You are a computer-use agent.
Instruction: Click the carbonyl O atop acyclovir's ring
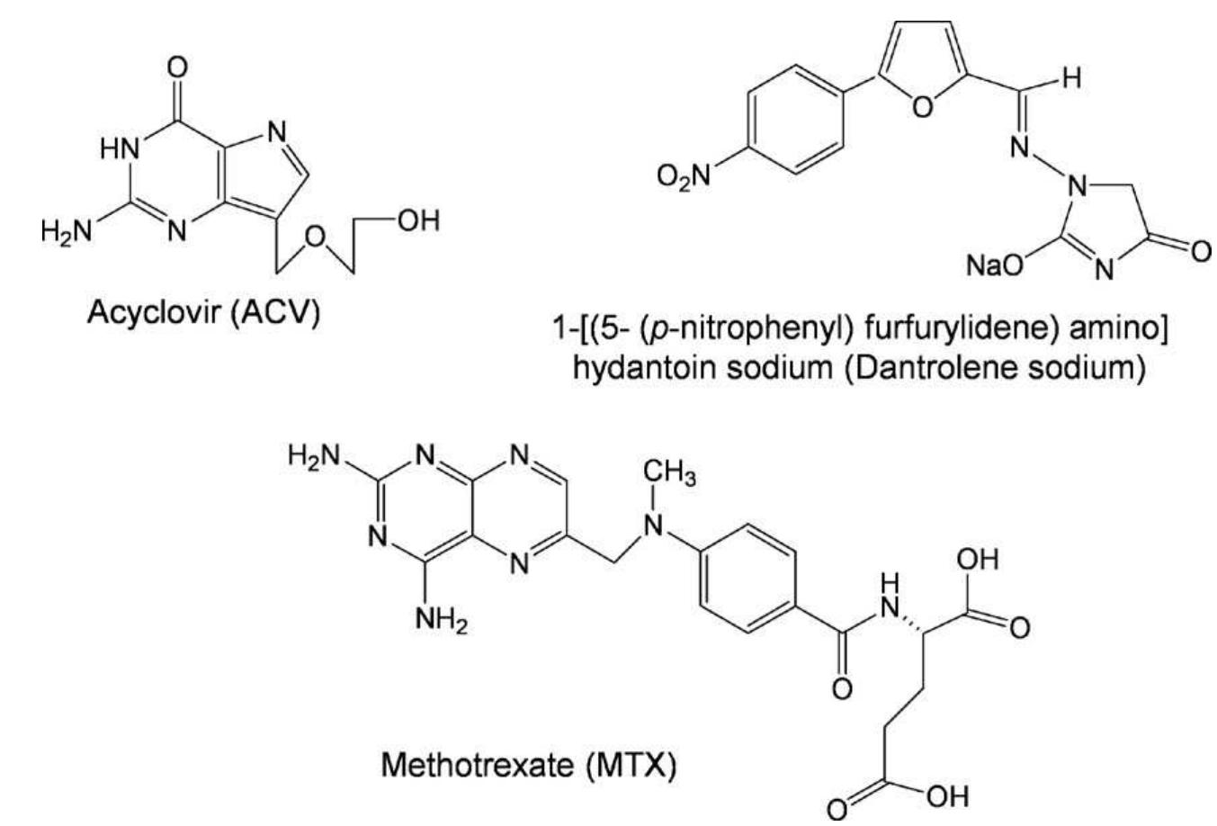pyautogui.click(x=178, y=67)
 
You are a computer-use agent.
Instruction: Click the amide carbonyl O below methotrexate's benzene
pyautogui.click(x=841, y=689)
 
